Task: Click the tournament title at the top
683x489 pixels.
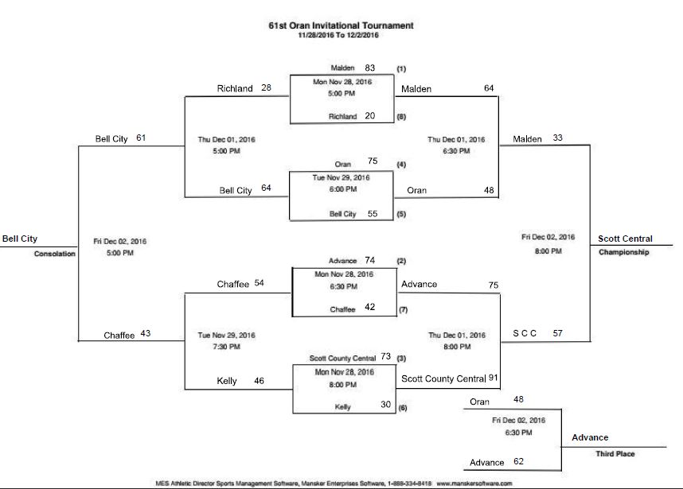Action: click(x=341, y=25)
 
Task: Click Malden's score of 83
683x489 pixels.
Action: click(x=369, y=68)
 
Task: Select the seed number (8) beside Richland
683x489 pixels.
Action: click(x=401, y=116)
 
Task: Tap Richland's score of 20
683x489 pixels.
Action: click(x=369, y=115)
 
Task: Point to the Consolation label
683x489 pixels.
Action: click(x=54, y=254)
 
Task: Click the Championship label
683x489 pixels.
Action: click(x=625, y=252)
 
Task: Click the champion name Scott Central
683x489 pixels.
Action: click(x=626, y=239)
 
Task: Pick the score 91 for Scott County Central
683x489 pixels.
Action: click(x=493, y=378)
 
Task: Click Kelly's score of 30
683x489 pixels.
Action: click(x=385, y=405)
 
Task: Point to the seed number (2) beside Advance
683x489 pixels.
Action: click(x=401, y=261)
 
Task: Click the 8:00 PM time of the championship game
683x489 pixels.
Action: click(x=548, y=251)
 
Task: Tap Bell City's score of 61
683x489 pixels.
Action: click(x=142, y=138)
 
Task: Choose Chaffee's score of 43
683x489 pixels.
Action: click(x=145, y=334)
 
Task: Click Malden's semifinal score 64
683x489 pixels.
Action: click(x=489, y=89)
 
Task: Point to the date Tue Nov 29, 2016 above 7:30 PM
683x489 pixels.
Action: click(x=226, y=335)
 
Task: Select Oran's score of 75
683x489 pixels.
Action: click(x=373, y=161)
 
